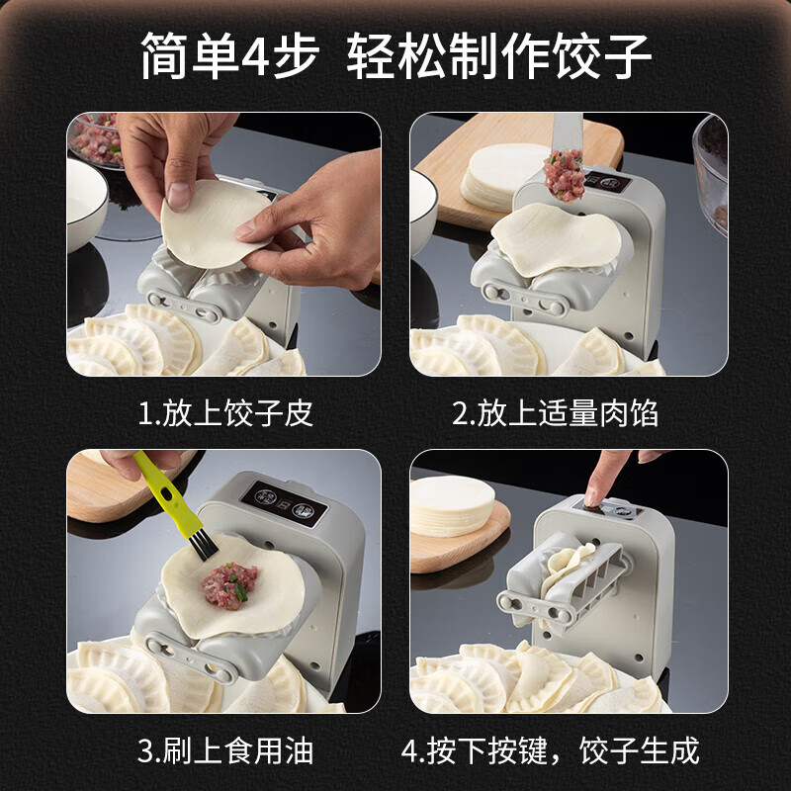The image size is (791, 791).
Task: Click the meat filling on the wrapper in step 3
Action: (x=228, y=585)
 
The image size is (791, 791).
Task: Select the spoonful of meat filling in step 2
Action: (x=565, y=175)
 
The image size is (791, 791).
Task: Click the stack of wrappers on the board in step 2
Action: (x=499, y=174)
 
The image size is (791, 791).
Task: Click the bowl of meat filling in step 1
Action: (x=97, y=138)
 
